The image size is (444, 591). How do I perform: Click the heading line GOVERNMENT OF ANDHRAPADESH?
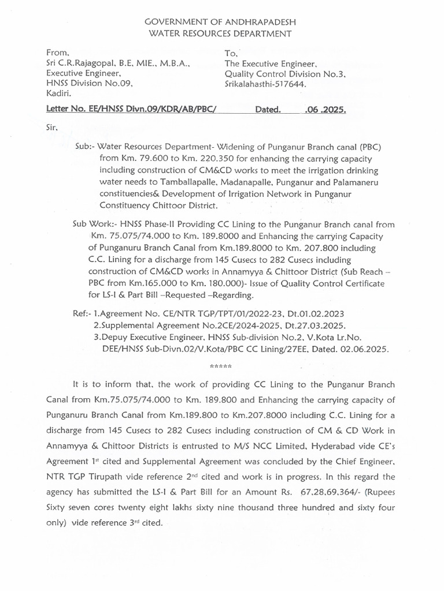point(223,21)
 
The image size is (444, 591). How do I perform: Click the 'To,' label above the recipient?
point(231,53)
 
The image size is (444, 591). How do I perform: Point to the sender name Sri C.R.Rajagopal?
point(87,63)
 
